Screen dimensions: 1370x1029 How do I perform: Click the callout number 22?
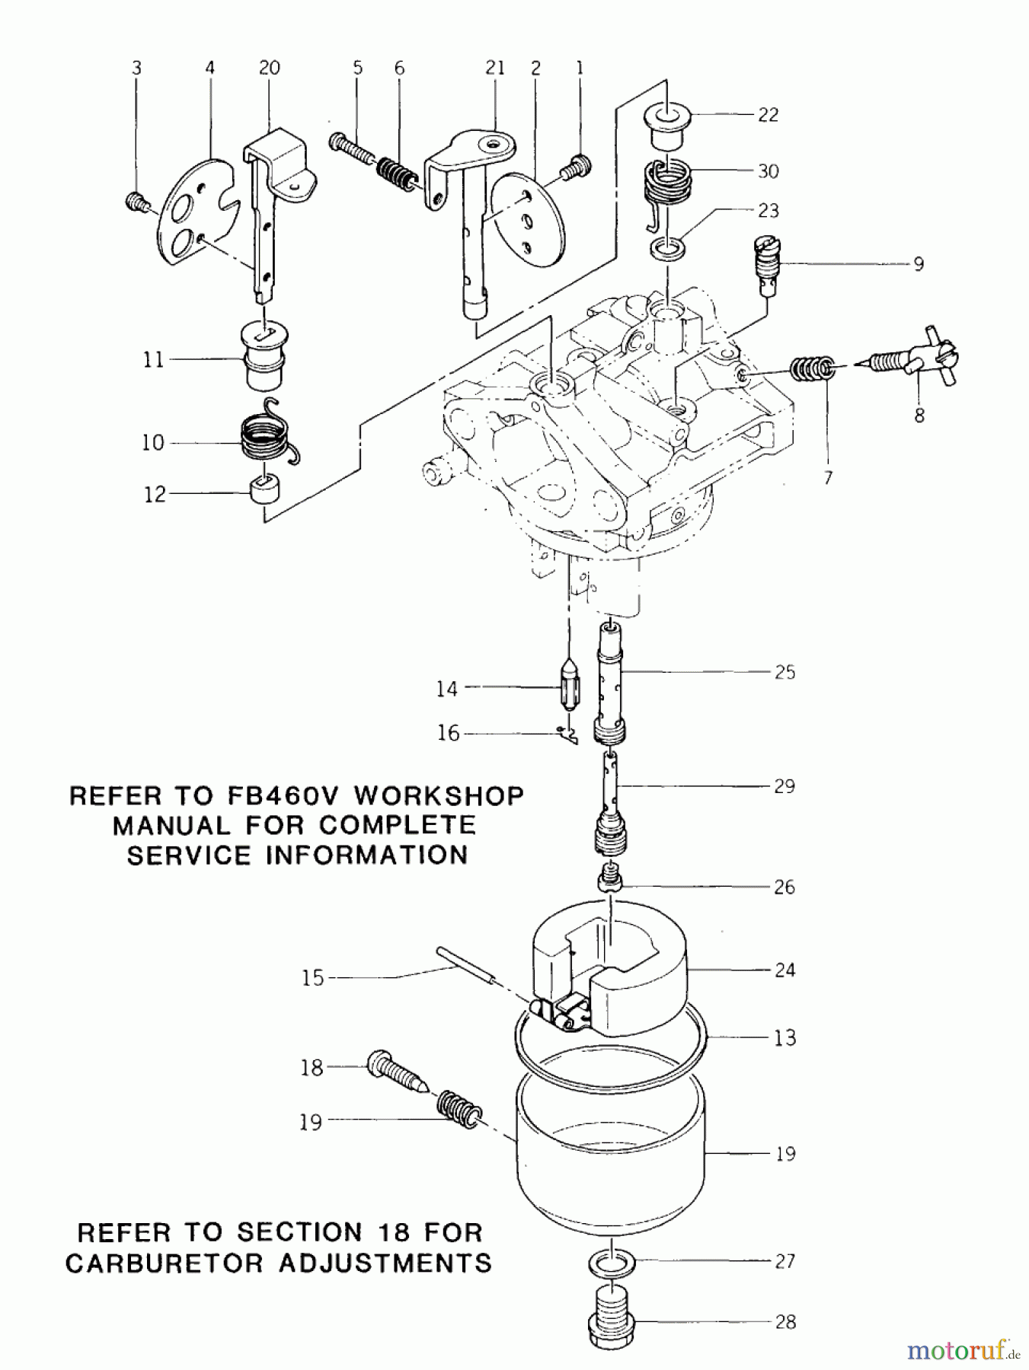click(x=768, y=115)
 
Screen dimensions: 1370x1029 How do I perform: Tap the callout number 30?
click(x=768, y=171)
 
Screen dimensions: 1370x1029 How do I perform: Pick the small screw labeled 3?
click(x=135, y=202)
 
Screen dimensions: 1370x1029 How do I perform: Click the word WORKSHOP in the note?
click(x=439, y=796)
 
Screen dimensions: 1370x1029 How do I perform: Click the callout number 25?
click(x=785, y=672)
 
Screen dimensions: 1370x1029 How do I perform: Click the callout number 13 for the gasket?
click(x=785, y=1038)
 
